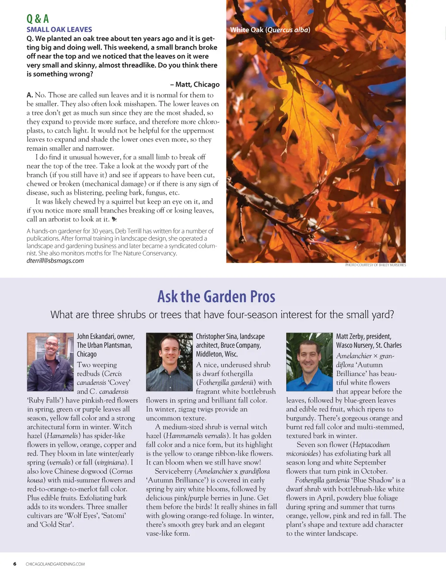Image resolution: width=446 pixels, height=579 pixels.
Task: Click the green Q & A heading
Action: pyautogui.click(x=38, y=19)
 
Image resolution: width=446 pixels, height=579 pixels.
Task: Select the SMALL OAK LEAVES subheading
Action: pyautogui.click(x=59, y=30)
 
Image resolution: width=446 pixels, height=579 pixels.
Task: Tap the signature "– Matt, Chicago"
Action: pyautogui.click(x=195, y=84)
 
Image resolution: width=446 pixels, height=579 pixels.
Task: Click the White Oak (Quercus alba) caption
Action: pyautogui.click(x=270, y=30)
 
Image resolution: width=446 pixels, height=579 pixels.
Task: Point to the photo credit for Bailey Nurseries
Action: pyautogui.click(x=375, y=265)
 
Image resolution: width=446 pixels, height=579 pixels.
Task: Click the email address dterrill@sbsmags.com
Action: pyautogui.click(x=55, y=261)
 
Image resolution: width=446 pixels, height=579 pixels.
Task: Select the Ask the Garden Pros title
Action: pyautogui.click(x=216, y=296)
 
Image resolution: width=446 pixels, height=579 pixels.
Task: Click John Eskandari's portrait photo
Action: pyautogui.click(x=51, y=362)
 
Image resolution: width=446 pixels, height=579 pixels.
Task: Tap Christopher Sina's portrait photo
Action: pyautogui.click(x=169, y=362)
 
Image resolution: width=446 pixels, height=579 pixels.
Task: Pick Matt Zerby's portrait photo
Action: pyautogui.click(x=309, y=362)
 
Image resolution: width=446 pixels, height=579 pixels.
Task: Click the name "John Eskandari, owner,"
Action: pyautogui.click(x=106, y=337)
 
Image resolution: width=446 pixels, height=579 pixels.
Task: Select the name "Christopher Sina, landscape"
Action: pyautogui.click(x=230, y=337)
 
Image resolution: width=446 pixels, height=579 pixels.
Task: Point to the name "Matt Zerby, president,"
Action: pyautogui.click(x=364, y=337)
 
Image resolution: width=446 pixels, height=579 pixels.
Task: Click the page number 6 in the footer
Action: pyautogui.click(x=15, y=564)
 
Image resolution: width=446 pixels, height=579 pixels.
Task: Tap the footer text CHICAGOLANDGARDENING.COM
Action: pyautogui.click(x=55, y=564)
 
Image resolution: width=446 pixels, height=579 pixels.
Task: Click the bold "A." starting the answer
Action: pyautogui.click(x=30, y=95)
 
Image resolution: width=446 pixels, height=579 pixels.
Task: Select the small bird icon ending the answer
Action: pyautogui.click(x=115, y=219)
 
